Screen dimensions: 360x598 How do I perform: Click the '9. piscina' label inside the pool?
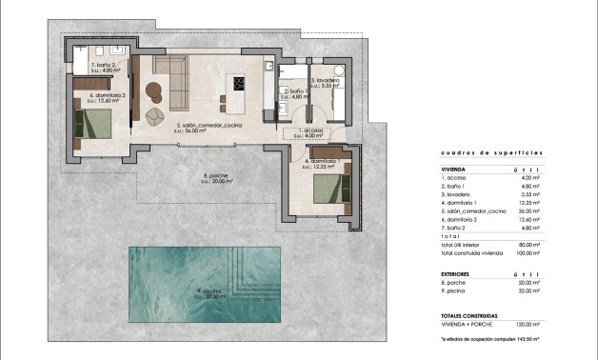point(210,292)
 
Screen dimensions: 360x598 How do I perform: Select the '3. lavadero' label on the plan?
point(327,80)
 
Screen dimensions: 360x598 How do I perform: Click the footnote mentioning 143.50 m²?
point(489,338)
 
